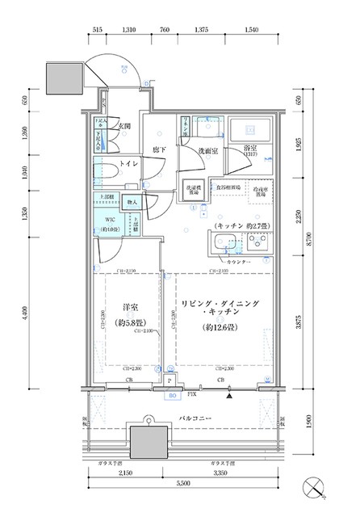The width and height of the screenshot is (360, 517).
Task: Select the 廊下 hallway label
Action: click(x=160, y=149)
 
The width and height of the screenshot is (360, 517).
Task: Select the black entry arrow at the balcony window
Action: click(x=230, y=396)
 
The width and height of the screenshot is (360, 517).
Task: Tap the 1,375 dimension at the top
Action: click(x=202, y=30)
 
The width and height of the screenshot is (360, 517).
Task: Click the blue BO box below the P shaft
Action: click(x=171, y=396)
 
